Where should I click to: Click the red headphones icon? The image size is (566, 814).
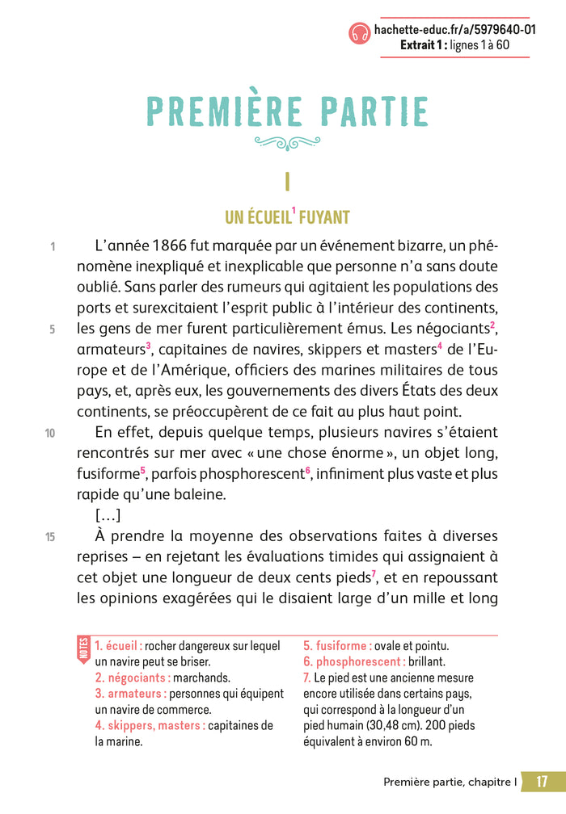[x=360, y=31]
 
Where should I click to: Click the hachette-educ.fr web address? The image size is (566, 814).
[x=454, y=30]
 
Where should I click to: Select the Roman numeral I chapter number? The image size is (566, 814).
[x=287, y=182]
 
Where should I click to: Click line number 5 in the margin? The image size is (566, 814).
[x=52, y=329]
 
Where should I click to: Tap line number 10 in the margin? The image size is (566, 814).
[x=50, y=434]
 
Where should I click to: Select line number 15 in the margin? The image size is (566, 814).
[x=50, y=537]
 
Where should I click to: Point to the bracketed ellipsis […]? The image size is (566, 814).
[x=108, y=515]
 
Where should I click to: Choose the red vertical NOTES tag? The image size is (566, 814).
[x=83, y=648]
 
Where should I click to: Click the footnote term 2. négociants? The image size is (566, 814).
[x=133, y=678]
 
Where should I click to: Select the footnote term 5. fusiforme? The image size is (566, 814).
[x=337, y=646]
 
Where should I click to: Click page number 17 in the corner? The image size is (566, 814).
[x=543, y=782]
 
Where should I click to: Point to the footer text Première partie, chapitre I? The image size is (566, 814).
[x=450, y=782]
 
